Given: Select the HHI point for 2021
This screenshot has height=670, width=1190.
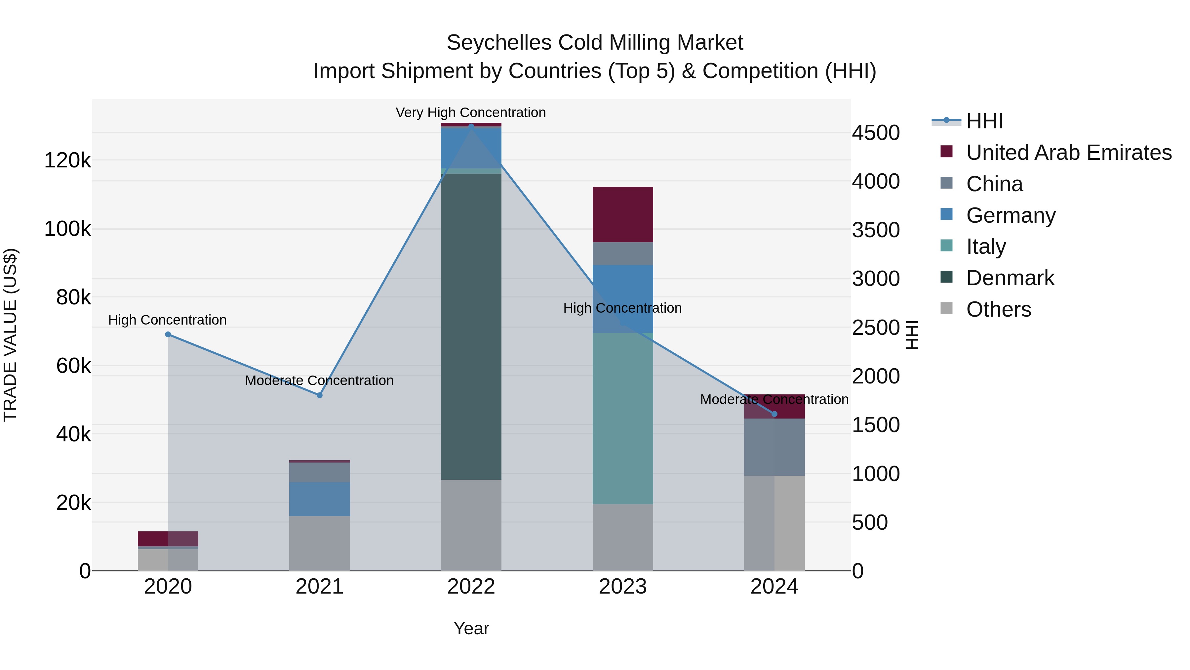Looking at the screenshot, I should pos(319,395).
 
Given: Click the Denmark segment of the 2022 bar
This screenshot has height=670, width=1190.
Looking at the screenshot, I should pos(471,326).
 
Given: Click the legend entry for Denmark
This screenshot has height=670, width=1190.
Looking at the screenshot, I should pos(1010,278).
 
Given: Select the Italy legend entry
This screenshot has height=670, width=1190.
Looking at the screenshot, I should pos(986,246).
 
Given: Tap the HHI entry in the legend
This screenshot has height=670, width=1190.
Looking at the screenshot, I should pos(984,121).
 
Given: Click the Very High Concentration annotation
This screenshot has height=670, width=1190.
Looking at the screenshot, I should pos(471,112).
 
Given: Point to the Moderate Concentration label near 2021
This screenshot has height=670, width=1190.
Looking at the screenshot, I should pos(319,380).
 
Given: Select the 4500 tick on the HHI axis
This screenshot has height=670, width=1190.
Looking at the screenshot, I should pos(875,133).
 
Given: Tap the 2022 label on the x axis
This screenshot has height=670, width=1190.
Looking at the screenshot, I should pos(471,586).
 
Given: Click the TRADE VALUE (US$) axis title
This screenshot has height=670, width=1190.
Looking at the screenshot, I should pos(10,335).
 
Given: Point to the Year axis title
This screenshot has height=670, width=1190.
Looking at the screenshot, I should pos(471,628).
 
